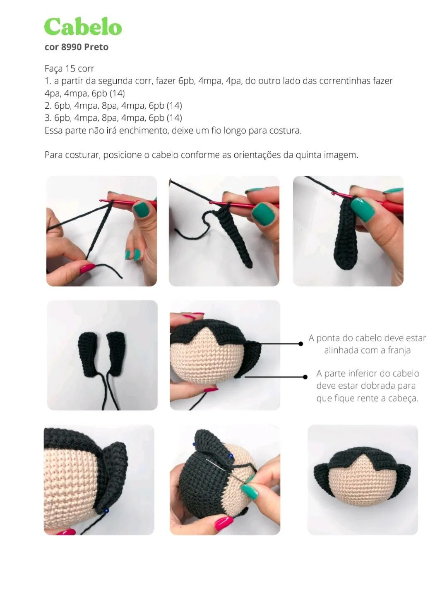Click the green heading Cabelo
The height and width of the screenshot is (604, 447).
[83, 27]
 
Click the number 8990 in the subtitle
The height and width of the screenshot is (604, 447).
[71, 47]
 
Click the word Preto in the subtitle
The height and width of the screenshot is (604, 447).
[96, 47]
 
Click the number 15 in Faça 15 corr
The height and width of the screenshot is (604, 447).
[70, 69]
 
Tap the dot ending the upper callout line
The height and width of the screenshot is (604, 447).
[301, 344]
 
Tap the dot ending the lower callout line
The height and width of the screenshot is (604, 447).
[305, 377]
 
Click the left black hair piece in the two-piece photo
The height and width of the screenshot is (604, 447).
[88, 354]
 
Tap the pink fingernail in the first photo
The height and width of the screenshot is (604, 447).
[88, 268]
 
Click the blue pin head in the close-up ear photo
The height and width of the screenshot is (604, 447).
[107, 511]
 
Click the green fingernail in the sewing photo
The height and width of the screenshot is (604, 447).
[250, 492]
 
